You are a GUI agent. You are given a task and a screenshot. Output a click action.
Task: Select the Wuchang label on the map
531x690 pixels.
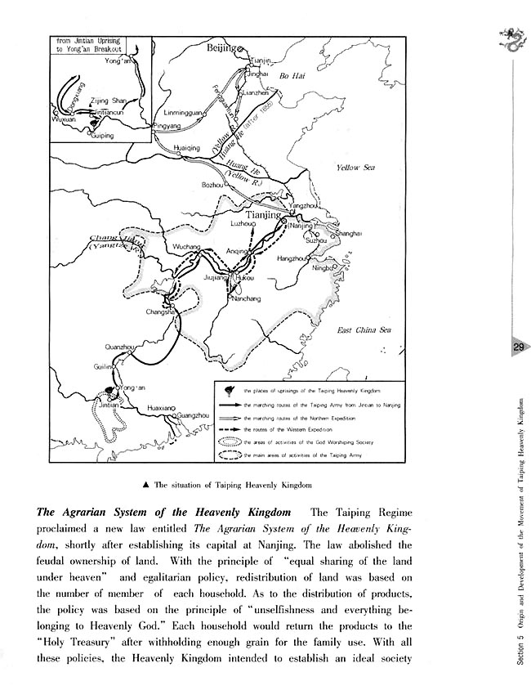(x=187, y=246)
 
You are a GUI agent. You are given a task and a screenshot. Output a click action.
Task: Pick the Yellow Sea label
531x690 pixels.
(x=355, y=168)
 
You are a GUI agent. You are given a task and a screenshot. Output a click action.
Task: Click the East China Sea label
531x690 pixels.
(x=364, y=330)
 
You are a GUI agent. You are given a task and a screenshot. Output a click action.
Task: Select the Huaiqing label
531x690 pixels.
(x=188, y=147)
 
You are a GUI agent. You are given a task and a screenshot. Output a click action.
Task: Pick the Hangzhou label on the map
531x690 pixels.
(x=292, y=258)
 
